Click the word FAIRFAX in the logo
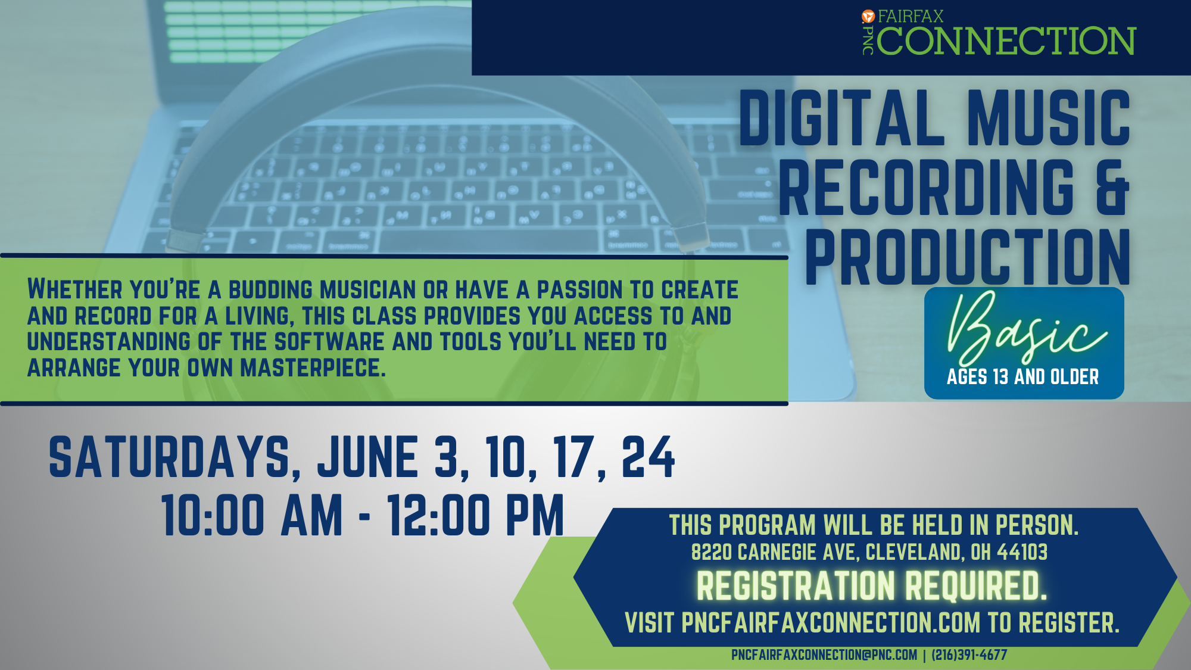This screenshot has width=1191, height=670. [x=911, y=16]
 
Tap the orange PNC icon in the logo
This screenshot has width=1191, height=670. [x=868, y=17]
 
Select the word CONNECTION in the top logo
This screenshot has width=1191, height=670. [x=1006, y=40]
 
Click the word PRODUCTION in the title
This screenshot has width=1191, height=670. [x=968, y=257]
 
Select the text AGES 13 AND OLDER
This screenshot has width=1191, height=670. [x=1022, y=377]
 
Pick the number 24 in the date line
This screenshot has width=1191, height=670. [x=648, y=457]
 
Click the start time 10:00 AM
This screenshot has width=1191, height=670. [x=252, y=515]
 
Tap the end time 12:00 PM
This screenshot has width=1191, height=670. [x=476, y=515]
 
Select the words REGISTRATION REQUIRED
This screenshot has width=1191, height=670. [x=872, y=586]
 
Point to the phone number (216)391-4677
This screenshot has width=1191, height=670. [x=969, y=655]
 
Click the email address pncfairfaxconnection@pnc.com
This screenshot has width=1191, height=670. [x=824, y=655]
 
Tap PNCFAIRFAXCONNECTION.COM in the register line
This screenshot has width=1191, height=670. [x=831, y=623]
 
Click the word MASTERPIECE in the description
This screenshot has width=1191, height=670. [x=313, y=368]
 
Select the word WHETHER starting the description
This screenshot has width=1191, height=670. [x=75, y=289]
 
